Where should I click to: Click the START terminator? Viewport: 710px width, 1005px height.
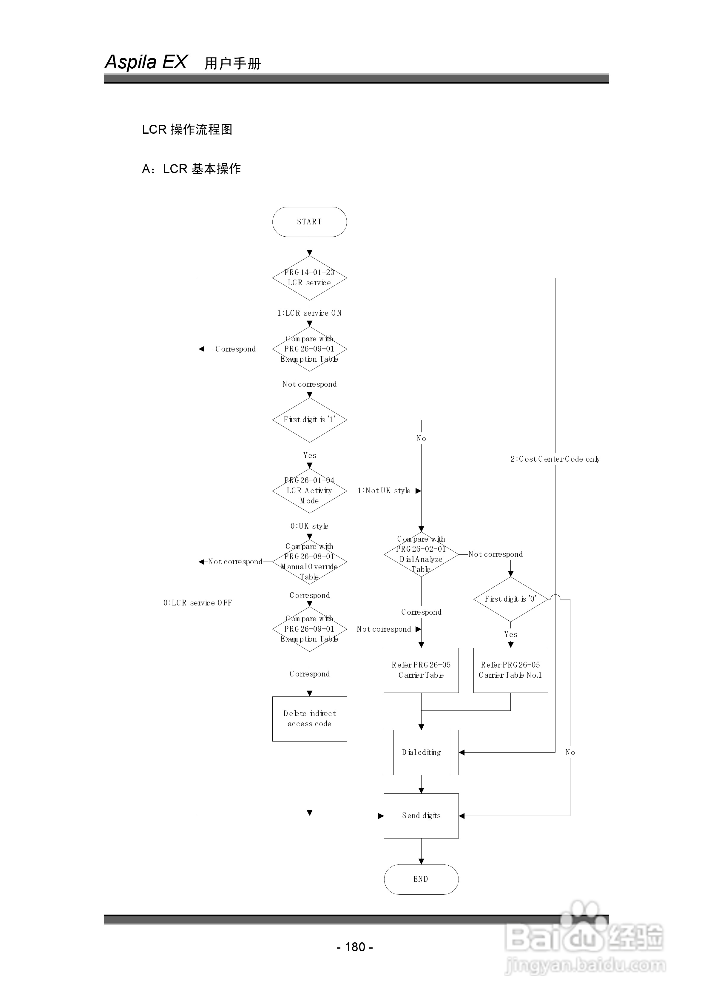pyautogui.click(x=309, y=222)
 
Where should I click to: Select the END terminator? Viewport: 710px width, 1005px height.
pyautogui.click(x=421, y=879)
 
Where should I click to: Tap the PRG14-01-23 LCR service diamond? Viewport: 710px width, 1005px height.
pyautogui.click(x=309, y=278)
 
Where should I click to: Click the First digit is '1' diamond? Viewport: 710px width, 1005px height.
pyautogui.click(x=309, y=420)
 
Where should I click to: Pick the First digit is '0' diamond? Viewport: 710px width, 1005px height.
pyautogui.click(x=511, y=599)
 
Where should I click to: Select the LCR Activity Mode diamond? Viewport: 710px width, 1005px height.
pyautogui.click(x=309, y=491)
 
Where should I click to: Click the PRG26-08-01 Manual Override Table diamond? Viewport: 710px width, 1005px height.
pyautogui.click(x=309, y=562)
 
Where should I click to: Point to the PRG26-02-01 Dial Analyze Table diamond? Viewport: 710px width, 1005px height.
pyautogui.click(x=421, y=554)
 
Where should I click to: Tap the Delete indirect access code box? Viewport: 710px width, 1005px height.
pyautogui.click(x=309, y=719)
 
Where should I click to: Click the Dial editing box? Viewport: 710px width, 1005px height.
pyautogui.click(x=421, y=753)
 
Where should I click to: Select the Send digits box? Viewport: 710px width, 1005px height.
pyautogui.click(x=421, y=816)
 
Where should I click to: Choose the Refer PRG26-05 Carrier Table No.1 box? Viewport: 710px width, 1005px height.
pyautogui.click(x=511, y=670)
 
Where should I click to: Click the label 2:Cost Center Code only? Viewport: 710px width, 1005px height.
pyautogui.click(x=555, y=459)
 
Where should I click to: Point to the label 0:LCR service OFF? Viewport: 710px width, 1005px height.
pyautogui.click(x=198, y=603)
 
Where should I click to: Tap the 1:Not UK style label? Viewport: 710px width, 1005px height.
pyautogui.click(x=384, y=491)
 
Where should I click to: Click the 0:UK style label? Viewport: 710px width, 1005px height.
pyautogui.click(x=309, y=526)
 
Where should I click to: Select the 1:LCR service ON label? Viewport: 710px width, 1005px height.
pyautogui.click(x=309, y=313)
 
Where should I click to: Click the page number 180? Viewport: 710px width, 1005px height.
pyautogui.click(x=355, y=947)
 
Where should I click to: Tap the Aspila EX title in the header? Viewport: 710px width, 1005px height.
pyautogui.click(x=146, y=62)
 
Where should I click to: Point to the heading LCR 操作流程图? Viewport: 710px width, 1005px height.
pyautogui.click(x=187, y=130)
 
